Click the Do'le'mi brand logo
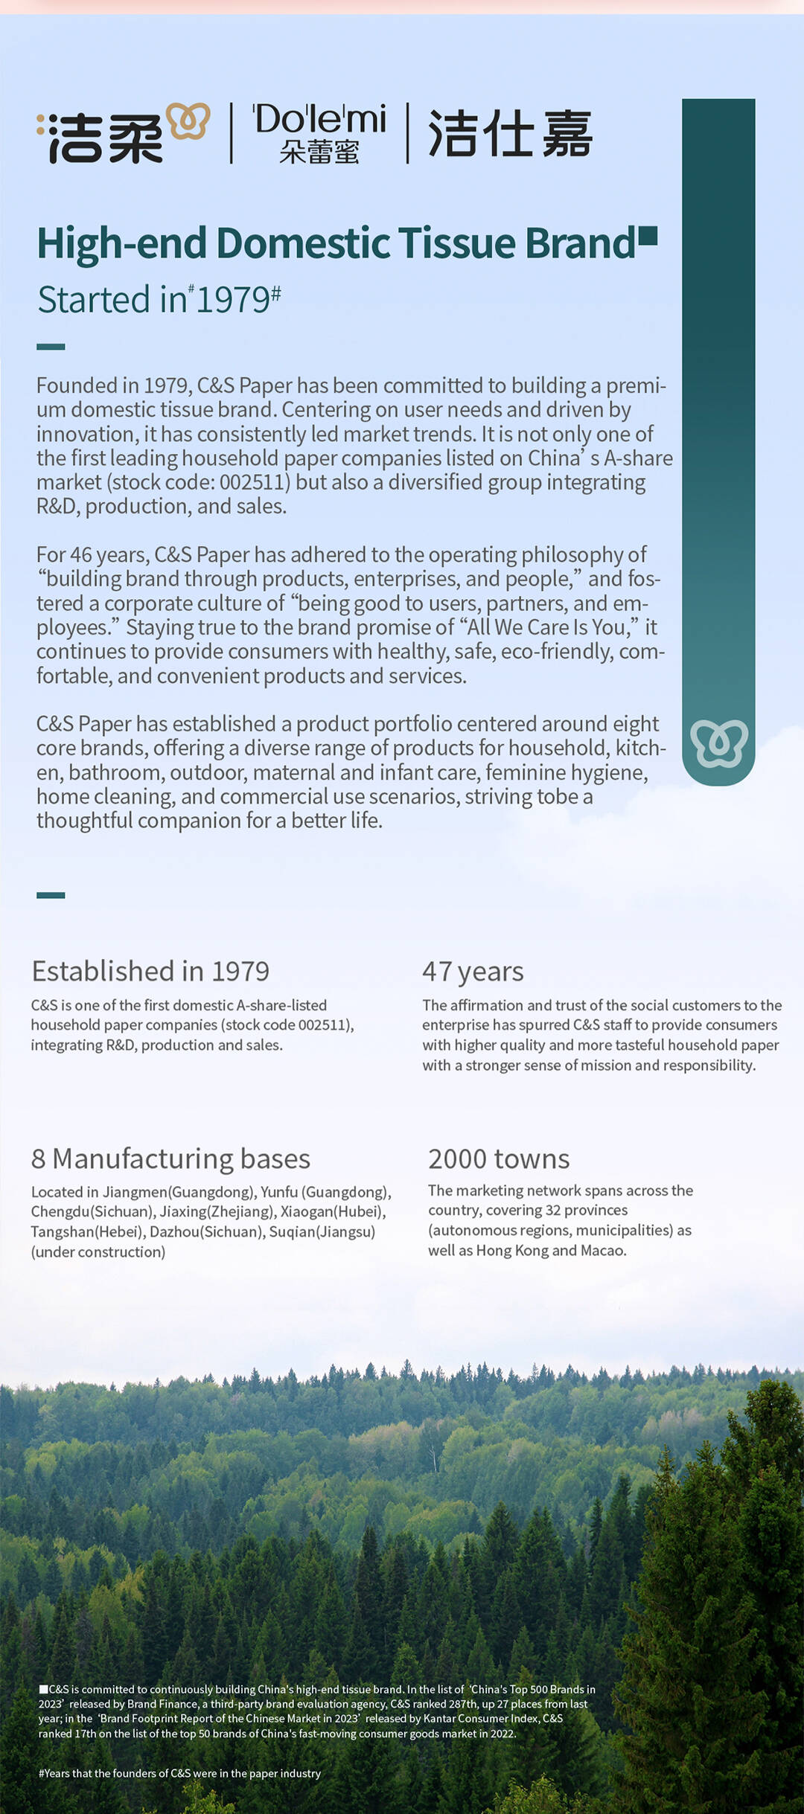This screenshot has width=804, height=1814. (319, 132)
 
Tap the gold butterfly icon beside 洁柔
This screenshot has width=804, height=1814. (188, 121)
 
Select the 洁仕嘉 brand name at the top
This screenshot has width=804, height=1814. (510, 134)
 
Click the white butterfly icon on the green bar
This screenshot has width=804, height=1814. (718, 743)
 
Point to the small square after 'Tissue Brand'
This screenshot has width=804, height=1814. (648, 235)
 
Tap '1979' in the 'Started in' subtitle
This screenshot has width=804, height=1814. (232, 300)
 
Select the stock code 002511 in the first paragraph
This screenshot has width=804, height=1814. (254, 482)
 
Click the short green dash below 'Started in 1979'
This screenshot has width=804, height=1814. (51, 347)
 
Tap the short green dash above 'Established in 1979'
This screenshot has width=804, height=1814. (51, 895)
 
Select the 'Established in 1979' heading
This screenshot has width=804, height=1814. (150, 971)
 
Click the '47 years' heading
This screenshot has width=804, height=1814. (473, 971)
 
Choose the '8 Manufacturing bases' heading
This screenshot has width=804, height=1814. (170, 1158)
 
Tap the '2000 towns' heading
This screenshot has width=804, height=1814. (499, 1158)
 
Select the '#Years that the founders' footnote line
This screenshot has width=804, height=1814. (179, 1773)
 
